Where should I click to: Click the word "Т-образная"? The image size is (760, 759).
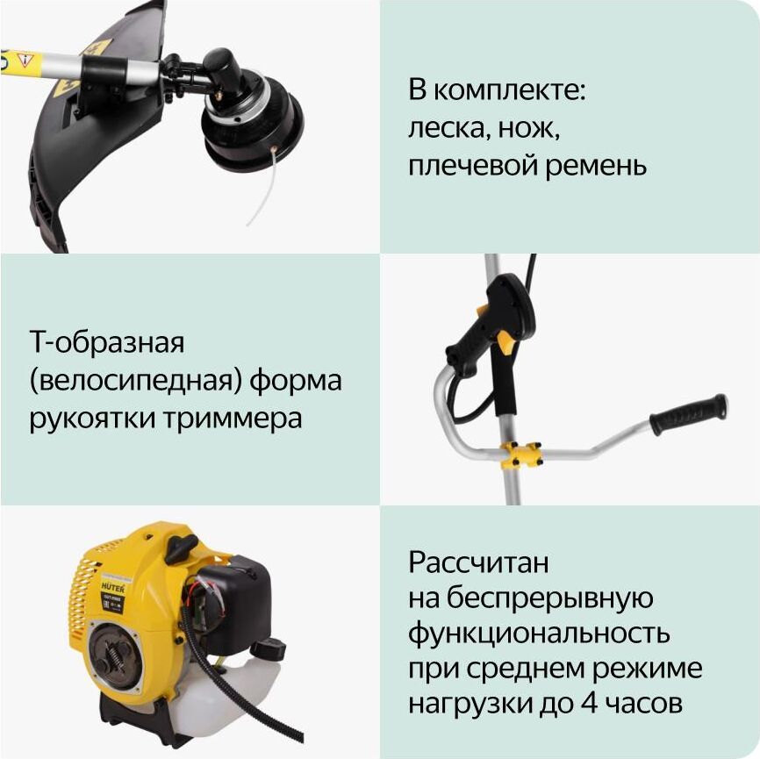click(x=107, y=342)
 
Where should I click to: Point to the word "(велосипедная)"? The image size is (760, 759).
click(x=135, y=381)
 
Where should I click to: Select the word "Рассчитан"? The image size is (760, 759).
click(x=478, y=562)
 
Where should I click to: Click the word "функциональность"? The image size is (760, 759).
click(x=539, y=633)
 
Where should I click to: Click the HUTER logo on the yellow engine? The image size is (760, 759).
click(x=112, y=587)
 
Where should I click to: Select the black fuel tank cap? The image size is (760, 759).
click(x=268, y=648)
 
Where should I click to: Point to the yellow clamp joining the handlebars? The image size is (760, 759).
click(x=522, y=455)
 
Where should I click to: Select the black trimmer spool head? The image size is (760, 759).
click(x=252, y=121)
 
